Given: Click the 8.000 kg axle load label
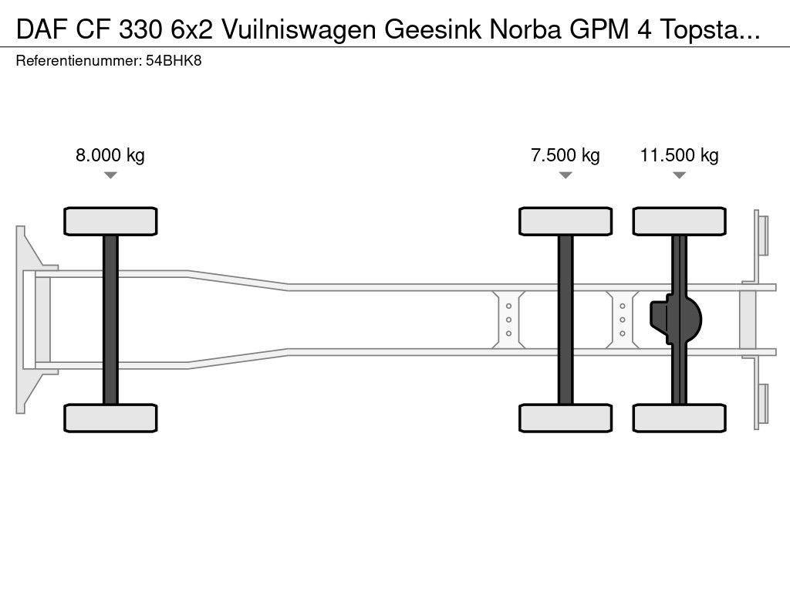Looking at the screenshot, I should coord(110,155).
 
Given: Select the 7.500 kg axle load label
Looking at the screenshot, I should coord(565,155).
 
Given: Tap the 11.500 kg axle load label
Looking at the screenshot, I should coord(679,155).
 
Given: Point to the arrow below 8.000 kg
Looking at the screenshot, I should coord(110,175).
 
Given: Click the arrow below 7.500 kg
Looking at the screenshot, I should coord(565,175).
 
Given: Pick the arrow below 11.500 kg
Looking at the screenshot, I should coord(679,175).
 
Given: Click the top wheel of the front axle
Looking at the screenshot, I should coord(110,221).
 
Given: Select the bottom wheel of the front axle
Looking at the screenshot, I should coord(110,418).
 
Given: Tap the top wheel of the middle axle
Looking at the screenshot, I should coord(565,221).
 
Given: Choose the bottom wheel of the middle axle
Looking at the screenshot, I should coord(565,418).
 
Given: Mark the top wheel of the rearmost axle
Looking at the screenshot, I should coord(679,221).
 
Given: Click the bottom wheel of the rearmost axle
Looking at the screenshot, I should coord(679,418).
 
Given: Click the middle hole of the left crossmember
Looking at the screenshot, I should coord(509,320).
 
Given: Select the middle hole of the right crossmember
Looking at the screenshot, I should coord(622,320).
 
